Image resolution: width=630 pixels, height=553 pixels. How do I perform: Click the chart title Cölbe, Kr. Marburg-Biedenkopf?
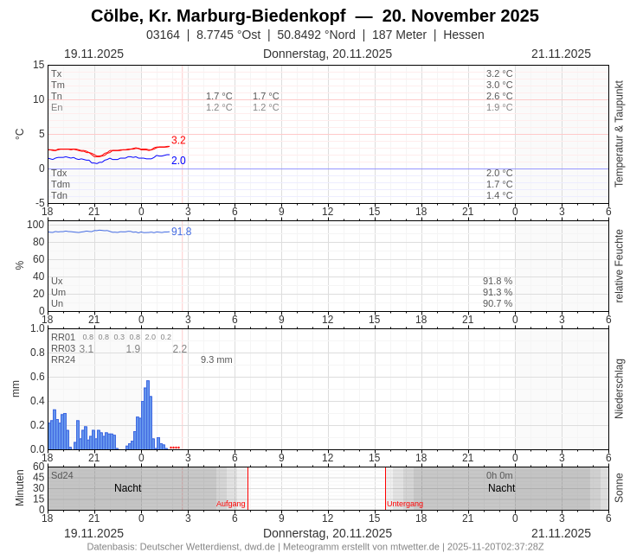click(x=218, y=16)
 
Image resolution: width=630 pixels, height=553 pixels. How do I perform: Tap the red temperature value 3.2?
click(x=178, y=140)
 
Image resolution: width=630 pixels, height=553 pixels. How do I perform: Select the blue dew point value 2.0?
click(x=178, y=161)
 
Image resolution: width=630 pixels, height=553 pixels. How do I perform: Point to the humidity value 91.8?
click(x=181, y=232)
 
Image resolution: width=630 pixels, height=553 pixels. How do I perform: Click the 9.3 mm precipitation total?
click(x=216, y=359)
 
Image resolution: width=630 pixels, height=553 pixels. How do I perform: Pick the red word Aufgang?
click(x=231, y=504)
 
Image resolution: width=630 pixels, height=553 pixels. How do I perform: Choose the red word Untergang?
click(x=405, y=504)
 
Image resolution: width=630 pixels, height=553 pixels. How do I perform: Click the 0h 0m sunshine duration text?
click(x=499, y=475)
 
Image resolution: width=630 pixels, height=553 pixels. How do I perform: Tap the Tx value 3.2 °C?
click(x=499, y=73)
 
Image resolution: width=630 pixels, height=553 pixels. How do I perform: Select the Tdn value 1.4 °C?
click(x=499, y=195)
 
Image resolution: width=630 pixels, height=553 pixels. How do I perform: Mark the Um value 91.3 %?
click(x=498, y=292)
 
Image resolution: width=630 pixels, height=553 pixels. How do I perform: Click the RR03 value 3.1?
click(x=87, y=349)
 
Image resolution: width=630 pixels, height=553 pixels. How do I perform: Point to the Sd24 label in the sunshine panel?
click(x=62, y=475)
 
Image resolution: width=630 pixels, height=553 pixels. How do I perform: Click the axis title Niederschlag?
click(x=619, y=389)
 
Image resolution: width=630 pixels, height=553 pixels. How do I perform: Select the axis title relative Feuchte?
click(x=619, y=265)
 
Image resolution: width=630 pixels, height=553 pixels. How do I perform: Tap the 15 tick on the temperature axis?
click(x=38, y=65)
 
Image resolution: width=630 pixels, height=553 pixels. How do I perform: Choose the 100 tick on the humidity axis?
click(x=35, y=225)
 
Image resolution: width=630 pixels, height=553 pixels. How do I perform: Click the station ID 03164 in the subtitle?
click(x=163, y=35)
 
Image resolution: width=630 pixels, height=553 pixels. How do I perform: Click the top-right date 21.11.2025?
click(x=561, y=54)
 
